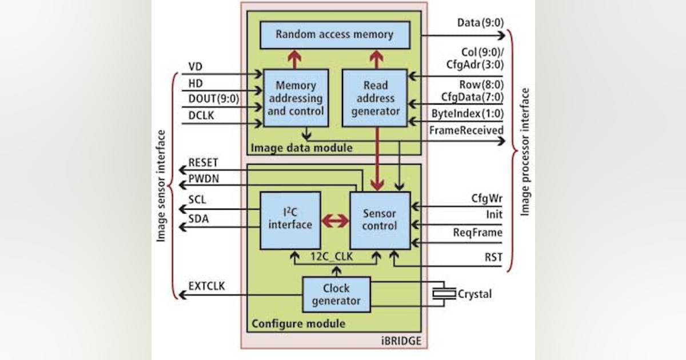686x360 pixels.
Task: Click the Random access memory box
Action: tap(334, 34)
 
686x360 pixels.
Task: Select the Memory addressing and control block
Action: tap(296, 98)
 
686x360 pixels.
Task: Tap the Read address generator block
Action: tap(374, 98)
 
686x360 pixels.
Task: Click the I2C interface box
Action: tap(290, 220)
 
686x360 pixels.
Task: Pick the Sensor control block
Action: tap(380, 220)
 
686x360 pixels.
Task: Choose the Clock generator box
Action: tap(336, 294)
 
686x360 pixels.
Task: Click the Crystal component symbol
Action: tap(444, 294)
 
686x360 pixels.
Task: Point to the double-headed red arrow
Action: tap(335, 220)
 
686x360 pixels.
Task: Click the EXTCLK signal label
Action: tap(206, 286)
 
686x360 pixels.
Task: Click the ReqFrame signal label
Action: tap(477, 233)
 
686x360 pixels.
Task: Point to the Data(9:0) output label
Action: tap(480, 23)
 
